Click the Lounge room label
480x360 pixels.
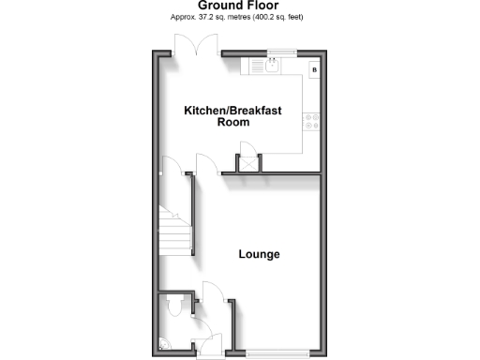pos(259,255)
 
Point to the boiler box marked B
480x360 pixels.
pos(314,69)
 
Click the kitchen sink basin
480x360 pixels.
pos(270,67)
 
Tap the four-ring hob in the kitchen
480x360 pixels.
pos(311,120)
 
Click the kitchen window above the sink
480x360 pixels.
pos(277,52)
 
